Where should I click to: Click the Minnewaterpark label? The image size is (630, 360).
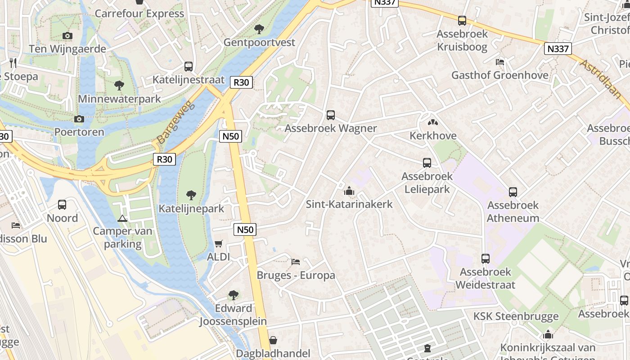pyautogui.click(x=119, y=99)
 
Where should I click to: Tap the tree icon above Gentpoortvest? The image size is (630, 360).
pyautogui.click(x=259, y=30)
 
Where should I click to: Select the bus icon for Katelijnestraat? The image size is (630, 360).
pyautogui.click(x=189, y=67)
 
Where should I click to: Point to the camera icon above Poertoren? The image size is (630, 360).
pyautogui.click(x=79, y=119)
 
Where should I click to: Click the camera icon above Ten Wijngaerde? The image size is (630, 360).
pyautogui.click(x=67, y=36)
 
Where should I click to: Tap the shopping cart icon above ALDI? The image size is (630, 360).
pyautogui.click(x=219, y=243)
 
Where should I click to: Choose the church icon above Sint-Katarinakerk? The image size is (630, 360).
pyautogui.click(x=349, y=191)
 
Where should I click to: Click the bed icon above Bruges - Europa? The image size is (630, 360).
pyautogui.click(x=296, y=261)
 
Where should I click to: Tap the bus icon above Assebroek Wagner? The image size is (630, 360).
pyautogui.click(x=331, y=115)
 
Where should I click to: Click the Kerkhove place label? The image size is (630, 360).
pyautogui.click(x=433, y=135)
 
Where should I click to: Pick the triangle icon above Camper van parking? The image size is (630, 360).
pyautogui.click(x=122, y=218)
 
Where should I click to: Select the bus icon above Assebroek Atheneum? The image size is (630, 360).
pyautogui.click(x=513, y=192)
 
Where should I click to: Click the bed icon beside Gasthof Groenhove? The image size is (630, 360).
pyautogui.click(x=500, y=62)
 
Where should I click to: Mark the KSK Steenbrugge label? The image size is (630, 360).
pyautogui.click(x=516, y=316)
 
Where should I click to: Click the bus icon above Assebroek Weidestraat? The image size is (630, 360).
pyautogui.click(x=485, y=259)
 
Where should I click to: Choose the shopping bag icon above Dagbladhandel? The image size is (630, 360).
pyautogui.click(x=273, y=340)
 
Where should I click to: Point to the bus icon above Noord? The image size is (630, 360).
pyautogui.click(x=62, y=205)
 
